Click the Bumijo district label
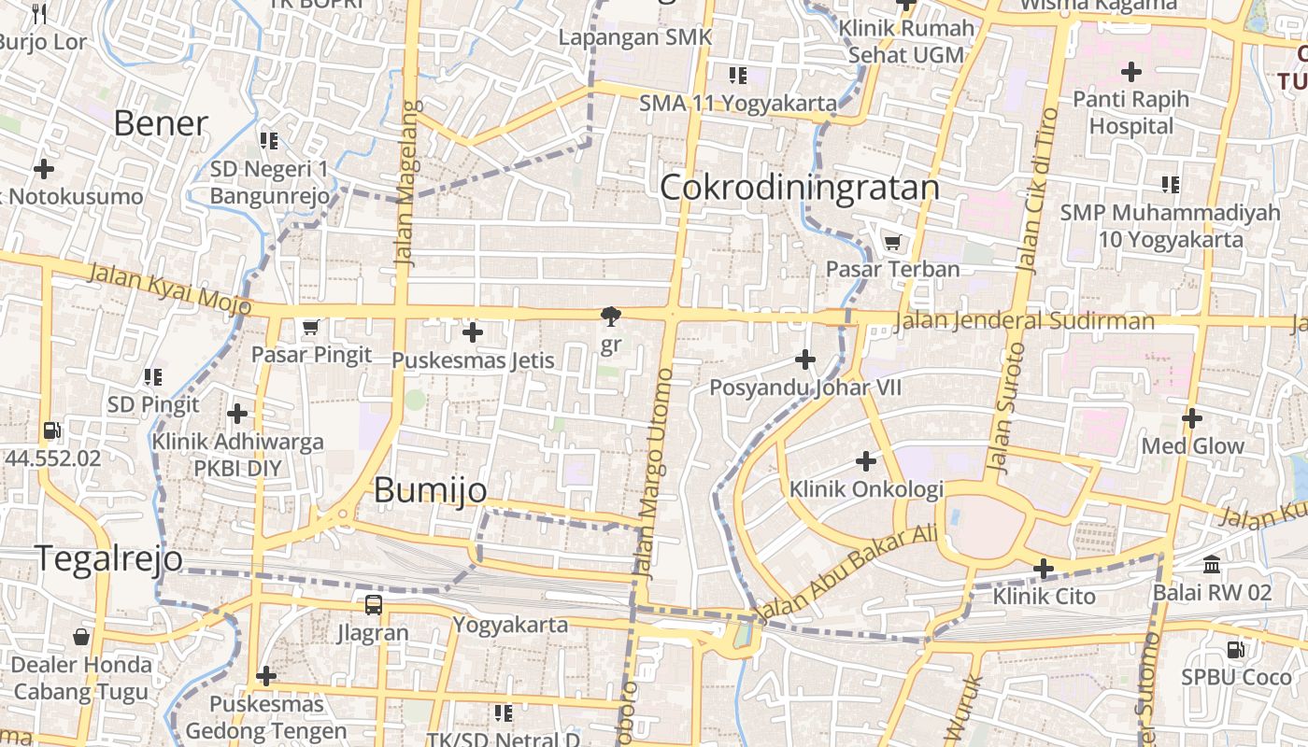point(431,490)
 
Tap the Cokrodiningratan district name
point(800,188)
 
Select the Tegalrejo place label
point(110,557)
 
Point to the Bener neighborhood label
point(161,123)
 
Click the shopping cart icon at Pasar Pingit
point(311,328)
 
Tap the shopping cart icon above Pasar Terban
point(893,242)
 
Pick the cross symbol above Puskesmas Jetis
point(473,332)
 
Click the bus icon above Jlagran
point(374,605)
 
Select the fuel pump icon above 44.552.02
point(52,431)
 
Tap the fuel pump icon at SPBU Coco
point(1236,649)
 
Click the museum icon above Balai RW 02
point(1213,565)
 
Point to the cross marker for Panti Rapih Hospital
point(1131,71)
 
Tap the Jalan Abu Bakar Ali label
point(846,574)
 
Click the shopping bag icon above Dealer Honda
point(81,637)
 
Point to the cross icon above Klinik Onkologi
point(866,461)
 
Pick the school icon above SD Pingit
point(152,377)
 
